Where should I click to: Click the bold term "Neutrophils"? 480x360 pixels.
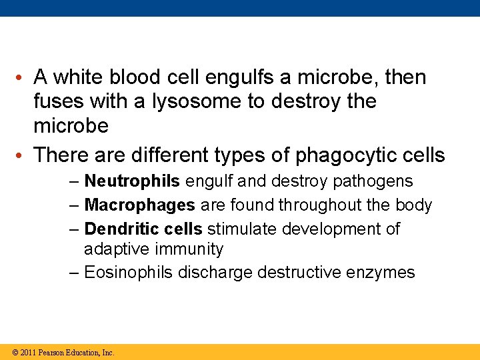coord(132,181)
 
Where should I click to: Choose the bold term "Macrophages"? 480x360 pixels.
coord(140,205)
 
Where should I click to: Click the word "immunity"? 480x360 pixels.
coord(190,250)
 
